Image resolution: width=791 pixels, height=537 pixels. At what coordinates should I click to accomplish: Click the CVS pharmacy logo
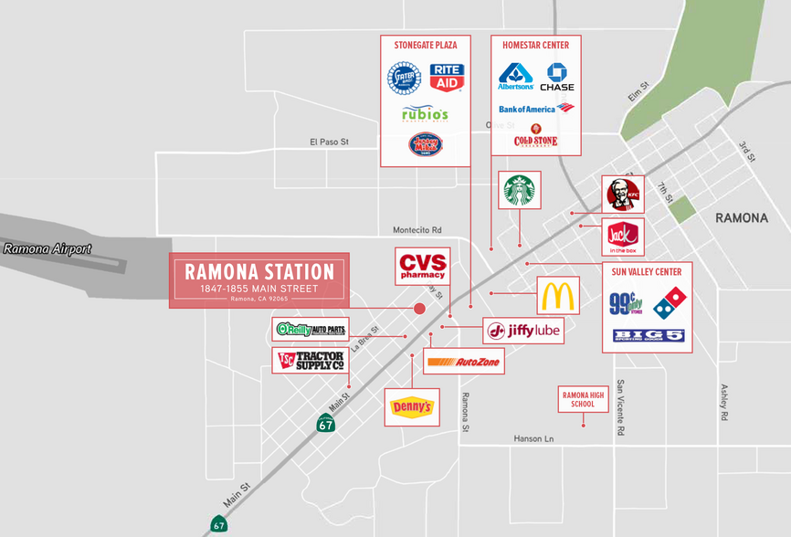422,266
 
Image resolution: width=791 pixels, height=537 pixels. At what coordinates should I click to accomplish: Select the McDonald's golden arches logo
558,297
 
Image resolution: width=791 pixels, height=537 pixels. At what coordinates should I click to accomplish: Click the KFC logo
623,195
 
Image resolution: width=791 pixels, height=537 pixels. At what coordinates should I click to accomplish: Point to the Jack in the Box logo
623,237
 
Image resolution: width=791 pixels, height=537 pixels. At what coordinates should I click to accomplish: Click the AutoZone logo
463,362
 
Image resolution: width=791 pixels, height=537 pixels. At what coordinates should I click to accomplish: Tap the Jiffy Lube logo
523,331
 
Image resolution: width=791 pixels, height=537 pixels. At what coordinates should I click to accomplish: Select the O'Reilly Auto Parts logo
311,330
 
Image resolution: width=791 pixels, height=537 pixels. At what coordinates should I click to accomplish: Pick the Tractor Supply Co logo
311,361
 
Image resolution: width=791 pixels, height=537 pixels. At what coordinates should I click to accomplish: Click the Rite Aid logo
446,78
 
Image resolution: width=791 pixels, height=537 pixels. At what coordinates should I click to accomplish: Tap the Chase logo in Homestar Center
557,77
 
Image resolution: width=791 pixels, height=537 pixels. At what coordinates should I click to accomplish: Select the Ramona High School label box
583,399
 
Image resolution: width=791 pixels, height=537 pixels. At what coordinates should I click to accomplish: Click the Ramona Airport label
47,248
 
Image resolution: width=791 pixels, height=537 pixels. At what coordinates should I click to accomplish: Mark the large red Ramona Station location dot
420,309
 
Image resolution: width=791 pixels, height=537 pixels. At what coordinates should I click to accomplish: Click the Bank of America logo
536,109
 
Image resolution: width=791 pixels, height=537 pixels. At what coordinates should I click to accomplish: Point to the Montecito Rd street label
417,230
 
